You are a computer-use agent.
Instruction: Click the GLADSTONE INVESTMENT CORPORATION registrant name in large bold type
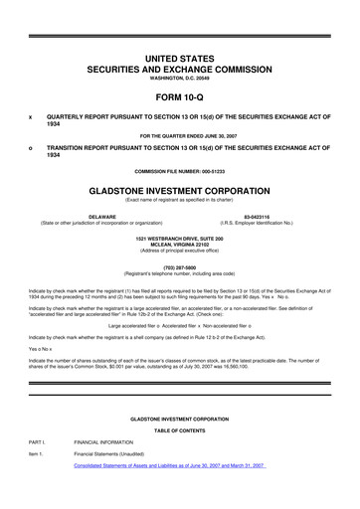click(x=180, y=187)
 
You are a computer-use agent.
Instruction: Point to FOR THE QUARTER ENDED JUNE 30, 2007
click(x=180, y=134)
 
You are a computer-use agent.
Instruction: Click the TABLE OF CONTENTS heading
click(x=180, y=428)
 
